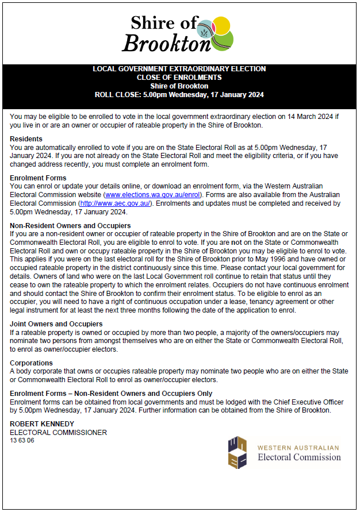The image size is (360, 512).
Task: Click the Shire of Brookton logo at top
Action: [x=179, y=33]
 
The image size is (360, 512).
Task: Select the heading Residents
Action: [x=26, y=139]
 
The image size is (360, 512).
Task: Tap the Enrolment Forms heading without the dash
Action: [x=38, y=178]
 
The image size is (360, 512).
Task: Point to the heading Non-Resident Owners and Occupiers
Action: [x=70, y=226]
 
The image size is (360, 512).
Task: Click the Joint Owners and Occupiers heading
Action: [x=56, y=324]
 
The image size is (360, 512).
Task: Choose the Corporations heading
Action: [x=32, y=363]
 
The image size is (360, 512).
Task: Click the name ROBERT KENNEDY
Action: [x=42, y=424]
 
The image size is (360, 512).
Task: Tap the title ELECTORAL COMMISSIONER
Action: [x=59, y=433]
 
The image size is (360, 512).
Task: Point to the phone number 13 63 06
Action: [x=22, y=440]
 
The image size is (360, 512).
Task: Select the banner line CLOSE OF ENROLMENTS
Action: [x=179, y=78]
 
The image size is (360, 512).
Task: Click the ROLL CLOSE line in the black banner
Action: [x=179, y=95]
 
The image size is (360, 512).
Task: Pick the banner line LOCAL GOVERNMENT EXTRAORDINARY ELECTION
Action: [x=179, y=69]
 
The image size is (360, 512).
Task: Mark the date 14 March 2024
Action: [x=298, y=117]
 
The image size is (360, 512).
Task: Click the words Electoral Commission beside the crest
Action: [x=299, y=457]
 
